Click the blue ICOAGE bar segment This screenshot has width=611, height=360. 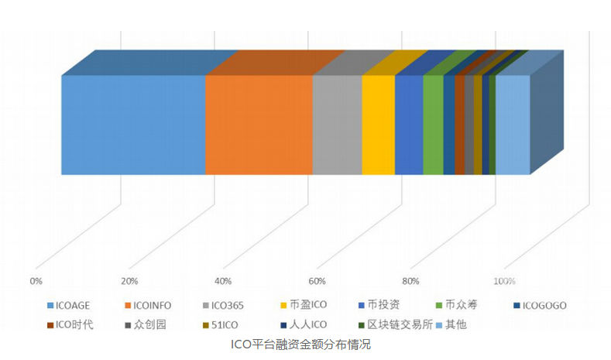133,125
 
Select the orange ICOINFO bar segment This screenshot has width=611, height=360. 259,125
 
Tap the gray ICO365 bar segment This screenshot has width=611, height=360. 337,125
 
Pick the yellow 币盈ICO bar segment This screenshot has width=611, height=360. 378,125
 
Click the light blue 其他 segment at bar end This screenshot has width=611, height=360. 512,125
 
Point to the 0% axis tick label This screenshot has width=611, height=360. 35,280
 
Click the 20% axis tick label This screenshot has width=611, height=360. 129,280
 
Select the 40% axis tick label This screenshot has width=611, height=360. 223,280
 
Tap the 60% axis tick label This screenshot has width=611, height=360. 317,280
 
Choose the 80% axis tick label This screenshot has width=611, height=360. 410,280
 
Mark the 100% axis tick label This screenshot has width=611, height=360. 504,280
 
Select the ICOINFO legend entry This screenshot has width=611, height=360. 154,304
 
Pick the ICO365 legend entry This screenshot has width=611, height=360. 228,304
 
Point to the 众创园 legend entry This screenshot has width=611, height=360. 149,324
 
